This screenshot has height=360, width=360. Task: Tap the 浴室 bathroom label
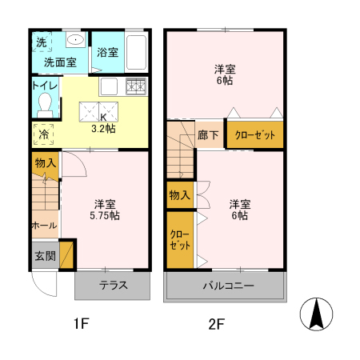click(x=107, y=53)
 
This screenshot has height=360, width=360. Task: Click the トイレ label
click(x=44, y=84)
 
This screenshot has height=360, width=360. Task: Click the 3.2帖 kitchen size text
click(x=103, y=127)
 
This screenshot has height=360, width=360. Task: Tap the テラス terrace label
click(x=113, y=286)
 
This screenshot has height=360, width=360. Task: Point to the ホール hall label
click(x=43, y=226)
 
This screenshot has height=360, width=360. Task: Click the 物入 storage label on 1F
click(x=45, y=163)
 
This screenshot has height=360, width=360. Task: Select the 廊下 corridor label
click(x=208, y=135)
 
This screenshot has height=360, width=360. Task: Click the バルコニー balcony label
click(x=227, y=286)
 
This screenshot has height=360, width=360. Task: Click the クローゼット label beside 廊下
click(x=254, y=135)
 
